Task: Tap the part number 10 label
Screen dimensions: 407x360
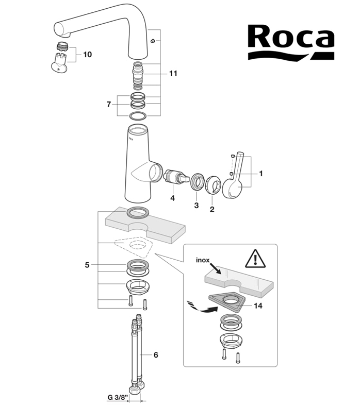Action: tap(87, 54)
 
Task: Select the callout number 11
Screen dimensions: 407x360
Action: tap(173, 74)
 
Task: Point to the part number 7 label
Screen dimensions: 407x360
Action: tap(108, 105)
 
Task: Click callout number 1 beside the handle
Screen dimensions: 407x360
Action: tap(261, 174)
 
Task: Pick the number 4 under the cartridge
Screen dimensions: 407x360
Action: tap(173, 197)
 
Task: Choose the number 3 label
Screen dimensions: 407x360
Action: tap(196, 205)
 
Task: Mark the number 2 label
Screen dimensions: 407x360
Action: tap(211, 210)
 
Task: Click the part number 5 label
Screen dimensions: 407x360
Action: tap(87, 265)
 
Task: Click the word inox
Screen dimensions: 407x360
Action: tap(203, 260)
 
